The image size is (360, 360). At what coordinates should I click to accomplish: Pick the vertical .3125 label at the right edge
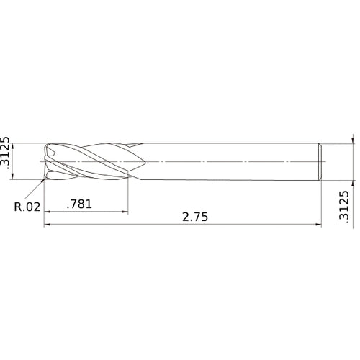343,206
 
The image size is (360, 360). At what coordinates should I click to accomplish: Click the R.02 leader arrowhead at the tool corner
43,180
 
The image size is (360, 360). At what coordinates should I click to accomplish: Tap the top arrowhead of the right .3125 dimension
352,140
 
